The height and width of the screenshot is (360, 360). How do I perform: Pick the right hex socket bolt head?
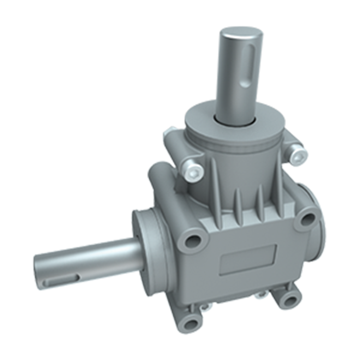coord(295,154)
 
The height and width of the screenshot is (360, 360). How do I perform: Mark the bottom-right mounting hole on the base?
coord(289,300)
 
